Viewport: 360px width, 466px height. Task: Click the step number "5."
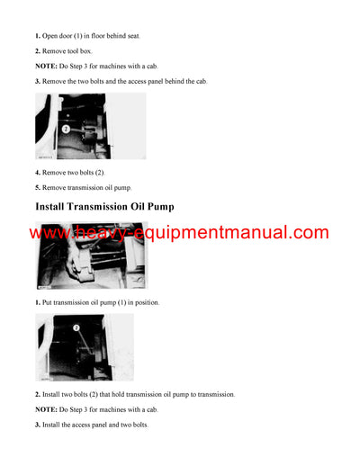tap(38, 187)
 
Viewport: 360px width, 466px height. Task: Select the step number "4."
tap(38, 171)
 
